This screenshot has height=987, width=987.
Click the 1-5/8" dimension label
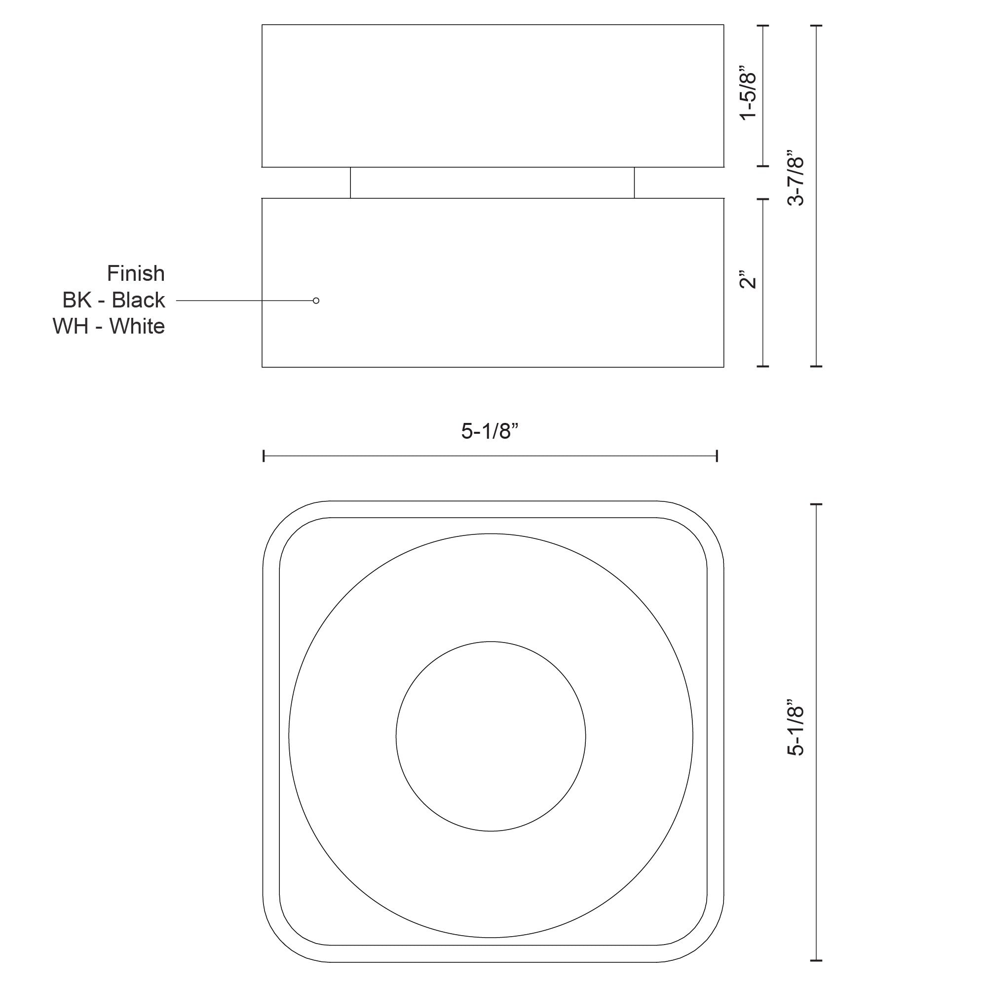pos(749,92)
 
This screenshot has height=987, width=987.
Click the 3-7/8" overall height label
pos(796,178)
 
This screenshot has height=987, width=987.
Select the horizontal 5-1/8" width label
pos(490,432)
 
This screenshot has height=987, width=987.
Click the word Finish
pos(136,274)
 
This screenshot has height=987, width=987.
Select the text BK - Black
pos(114,301)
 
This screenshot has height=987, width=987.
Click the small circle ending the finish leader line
pos(316,302)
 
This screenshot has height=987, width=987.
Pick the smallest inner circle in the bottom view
pos(491,736)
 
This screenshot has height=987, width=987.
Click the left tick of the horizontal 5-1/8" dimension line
pos(264,456)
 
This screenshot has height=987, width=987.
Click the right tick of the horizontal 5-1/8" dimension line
pos(717,456)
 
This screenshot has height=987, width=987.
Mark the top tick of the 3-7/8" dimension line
pos(816,25)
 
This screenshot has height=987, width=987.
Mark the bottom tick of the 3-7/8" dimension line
pos(816,366)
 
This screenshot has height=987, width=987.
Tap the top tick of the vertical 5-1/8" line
pos(816,504)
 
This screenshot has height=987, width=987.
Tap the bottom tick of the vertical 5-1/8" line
pos(816,960)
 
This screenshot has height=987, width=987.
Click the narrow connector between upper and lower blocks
pos(493,183)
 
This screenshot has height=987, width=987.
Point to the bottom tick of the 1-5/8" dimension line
pos(763,166)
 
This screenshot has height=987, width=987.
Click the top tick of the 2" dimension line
pos(763,199)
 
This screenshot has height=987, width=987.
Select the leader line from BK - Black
pos(245,302)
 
